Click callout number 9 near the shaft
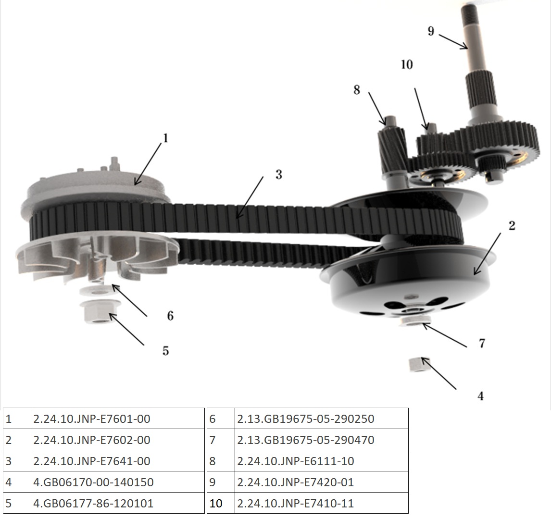pos(431,31)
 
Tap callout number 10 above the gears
pos(407,64)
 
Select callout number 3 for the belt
pos(279,174)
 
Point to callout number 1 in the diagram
pos(165,138)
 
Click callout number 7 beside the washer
pos(482,343)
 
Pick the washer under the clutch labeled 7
pos(415,321)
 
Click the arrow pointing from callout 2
pos(487,254)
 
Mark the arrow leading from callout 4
pos(438,373)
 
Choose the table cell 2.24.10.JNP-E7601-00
pos(92,419)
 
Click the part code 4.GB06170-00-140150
pos(93,482)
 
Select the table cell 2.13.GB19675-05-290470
pos(305,440)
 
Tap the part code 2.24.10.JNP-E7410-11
pos(295,503)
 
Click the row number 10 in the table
pos(216,503)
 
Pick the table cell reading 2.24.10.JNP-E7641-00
pos(92,461)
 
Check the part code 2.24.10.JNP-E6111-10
pos(296,461)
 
